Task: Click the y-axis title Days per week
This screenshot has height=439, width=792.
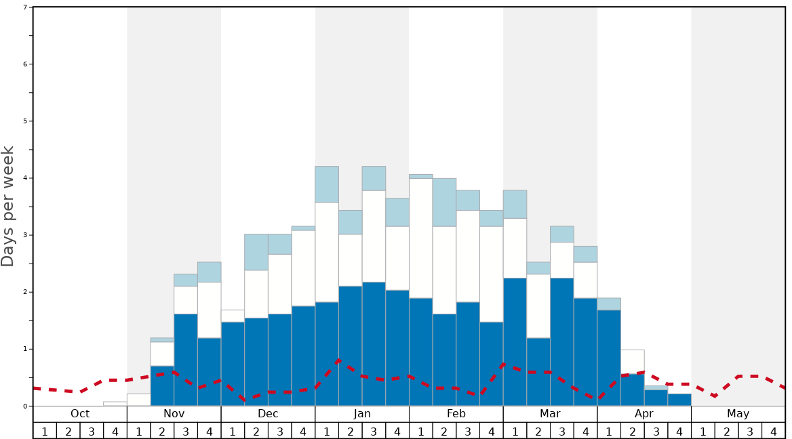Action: click(8, 206)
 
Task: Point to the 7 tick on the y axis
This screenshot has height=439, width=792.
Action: click(26, 7)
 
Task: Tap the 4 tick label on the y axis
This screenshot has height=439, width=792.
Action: click(26, 178)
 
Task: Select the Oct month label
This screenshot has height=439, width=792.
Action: click(80, 414)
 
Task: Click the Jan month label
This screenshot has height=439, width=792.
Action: click(362, 414)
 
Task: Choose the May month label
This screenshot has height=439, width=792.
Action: click(738, 414)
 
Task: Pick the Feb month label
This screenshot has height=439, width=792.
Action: click(456, 414)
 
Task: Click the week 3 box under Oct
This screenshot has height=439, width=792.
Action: click(92, 431)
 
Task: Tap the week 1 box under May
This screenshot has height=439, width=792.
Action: click(703, 431)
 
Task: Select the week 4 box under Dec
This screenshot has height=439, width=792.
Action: click(303, 431)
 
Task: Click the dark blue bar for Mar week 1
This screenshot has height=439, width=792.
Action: click(515, 342)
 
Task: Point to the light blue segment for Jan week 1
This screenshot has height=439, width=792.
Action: click(327, 184)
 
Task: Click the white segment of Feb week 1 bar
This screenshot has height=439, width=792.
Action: click(421, 238)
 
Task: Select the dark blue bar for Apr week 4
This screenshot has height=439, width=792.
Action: click(679, 400)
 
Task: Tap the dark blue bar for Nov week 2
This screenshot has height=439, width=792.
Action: click(162, 386)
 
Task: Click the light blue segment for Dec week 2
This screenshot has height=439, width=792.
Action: click(256, 252)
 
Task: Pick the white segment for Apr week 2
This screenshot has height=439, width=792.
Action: click(633, 362)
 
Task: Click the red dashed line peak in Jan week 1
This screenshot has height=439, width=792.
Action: click(338, 360)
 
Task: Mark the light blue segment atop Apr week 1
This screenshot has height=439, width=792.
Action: click(609, 304)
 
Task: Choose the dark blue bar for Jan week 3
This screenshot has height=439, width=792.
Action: click(374, 344)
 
